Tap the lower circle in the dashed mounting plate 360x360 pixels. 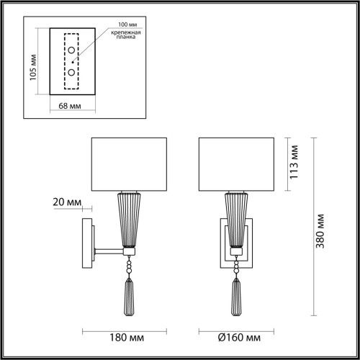click(x=72, y=73)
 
